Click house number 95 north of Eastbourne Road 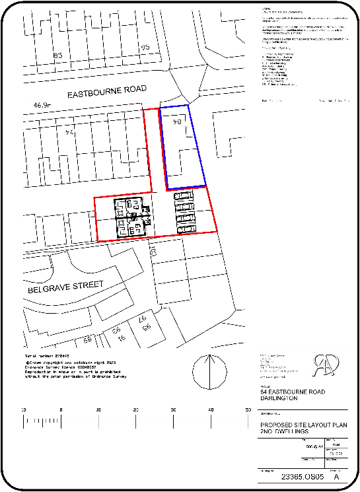(145, 48)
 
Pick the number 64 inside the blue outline (177, 122)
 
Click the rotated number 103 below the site (153, 252)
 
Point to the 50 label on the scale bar (248, 410)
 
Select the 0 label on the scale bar (61, 410)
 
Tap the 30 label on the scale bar (174, 410)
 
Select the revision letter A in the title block (338, 476)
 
